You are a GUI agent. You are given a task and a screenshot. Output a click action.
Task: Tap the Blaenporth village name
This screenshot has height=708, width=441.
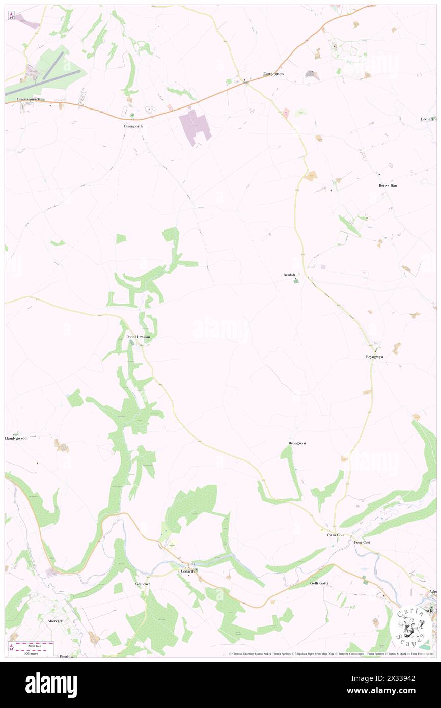pos(133,126)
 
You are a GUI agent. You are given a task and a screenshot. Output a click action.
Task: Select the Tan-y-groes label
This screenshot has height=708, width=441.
pos(273,74)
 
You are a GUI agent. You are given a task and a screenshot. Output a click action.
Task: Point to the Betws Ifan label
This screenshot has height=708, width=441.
pos(388,185)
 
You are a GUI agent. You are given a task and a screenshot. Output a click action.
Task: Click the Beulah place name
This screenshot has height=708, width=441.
pos(290,275)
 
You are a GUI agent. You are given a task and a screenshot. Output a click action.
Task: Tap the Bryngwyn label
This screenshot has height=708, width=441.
pos(374,357)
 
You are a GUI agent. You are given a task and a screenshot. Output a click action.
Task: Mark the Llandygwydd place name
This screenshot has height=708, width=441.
pos(15,438)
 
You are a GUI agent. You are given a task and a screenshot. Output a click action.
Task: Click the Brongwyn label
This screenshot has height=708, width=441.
pos(297,443)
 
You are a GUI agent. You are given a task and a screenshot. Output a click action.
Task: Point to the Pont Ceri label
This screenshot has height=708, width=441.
pos(364,542)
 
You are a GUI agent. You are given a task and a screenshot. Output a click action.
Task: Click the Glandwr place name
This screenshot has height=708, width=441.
pos(143,584)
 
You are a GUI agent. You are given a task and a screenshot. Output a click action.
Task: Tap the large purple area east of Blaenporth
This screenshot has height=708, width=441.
pos(194,125)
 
